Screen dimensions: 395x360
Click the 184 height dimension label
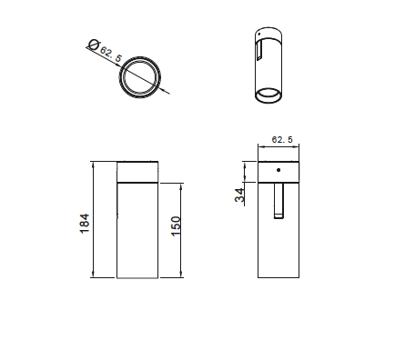(x=85, y=224)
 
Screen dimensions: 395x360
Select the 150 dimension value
(x=176, y=226)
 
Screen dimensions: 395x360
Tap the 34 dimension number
(x=239, y=195)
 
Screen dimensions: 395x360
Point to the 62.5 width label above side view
(x=282, y=139)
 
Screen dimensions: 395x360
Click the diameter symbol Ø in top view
(x=93, y=45)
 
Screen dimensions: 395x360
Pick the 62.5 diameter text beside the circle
(x=111, y=55)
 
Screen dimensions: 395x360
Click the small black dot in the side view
(x=279, y=170)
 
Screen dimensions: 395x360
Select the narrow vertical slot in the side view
(x=279, y=200)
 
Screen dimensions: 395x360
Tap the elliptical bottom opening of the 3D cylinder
(x=268, y=95)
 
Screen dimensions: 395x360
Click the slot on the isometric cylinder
(x=259, y=50)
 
